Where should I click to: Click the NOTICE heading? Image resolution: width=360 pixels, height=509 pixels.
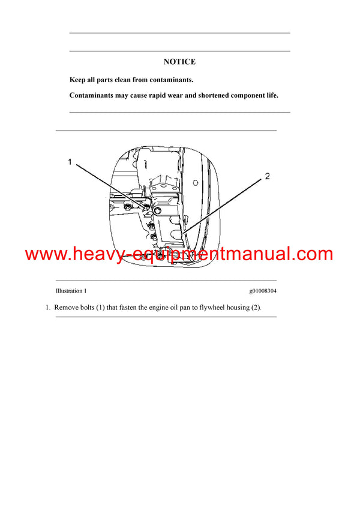click(x=179, y=62)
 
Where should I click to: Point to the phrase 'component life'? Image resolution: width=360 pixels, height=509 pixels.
click(x=254, y=95)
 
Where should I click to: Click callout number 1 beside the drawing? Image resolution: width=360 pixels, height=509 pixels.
click(x=70, y=162)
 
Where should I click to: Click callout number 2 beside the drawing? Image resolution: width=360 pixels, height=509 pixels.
click(x=268, y=176)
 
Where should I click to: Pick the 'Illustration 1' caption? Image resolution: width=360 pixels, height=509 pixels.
click(x=71, y=291)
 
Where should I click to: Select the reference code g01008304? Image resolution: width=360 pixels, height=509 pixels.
click(x=263, y=291)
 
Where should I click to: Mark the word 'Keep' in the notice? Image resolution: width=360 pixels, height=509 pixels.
click(x=77, y=80)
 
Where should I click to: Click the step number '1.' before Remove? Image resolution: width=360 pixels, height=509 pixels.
click(x=48, y=308)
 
